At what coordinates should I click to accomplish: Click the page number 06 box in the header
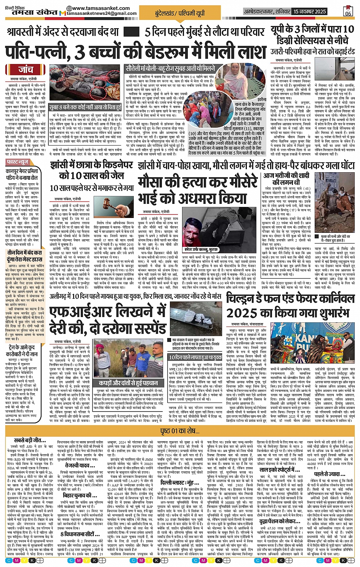click(348, 11)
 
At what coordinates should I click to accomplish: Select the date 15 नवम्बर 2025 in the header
click(310, 11)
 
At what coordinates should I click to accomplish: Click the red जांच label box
click(26, 70)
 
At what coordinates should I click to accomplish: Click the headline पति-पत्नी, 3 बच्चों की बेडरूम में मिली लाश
click(135, 51)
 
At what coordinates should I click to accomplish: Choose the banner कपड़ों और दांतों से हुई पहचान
click(128, 383)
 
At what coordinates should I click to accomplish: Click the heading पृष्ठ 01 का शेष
click(180, 431)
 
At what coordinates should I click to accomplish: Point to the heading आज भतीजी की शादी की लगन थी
click(286, 179)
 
